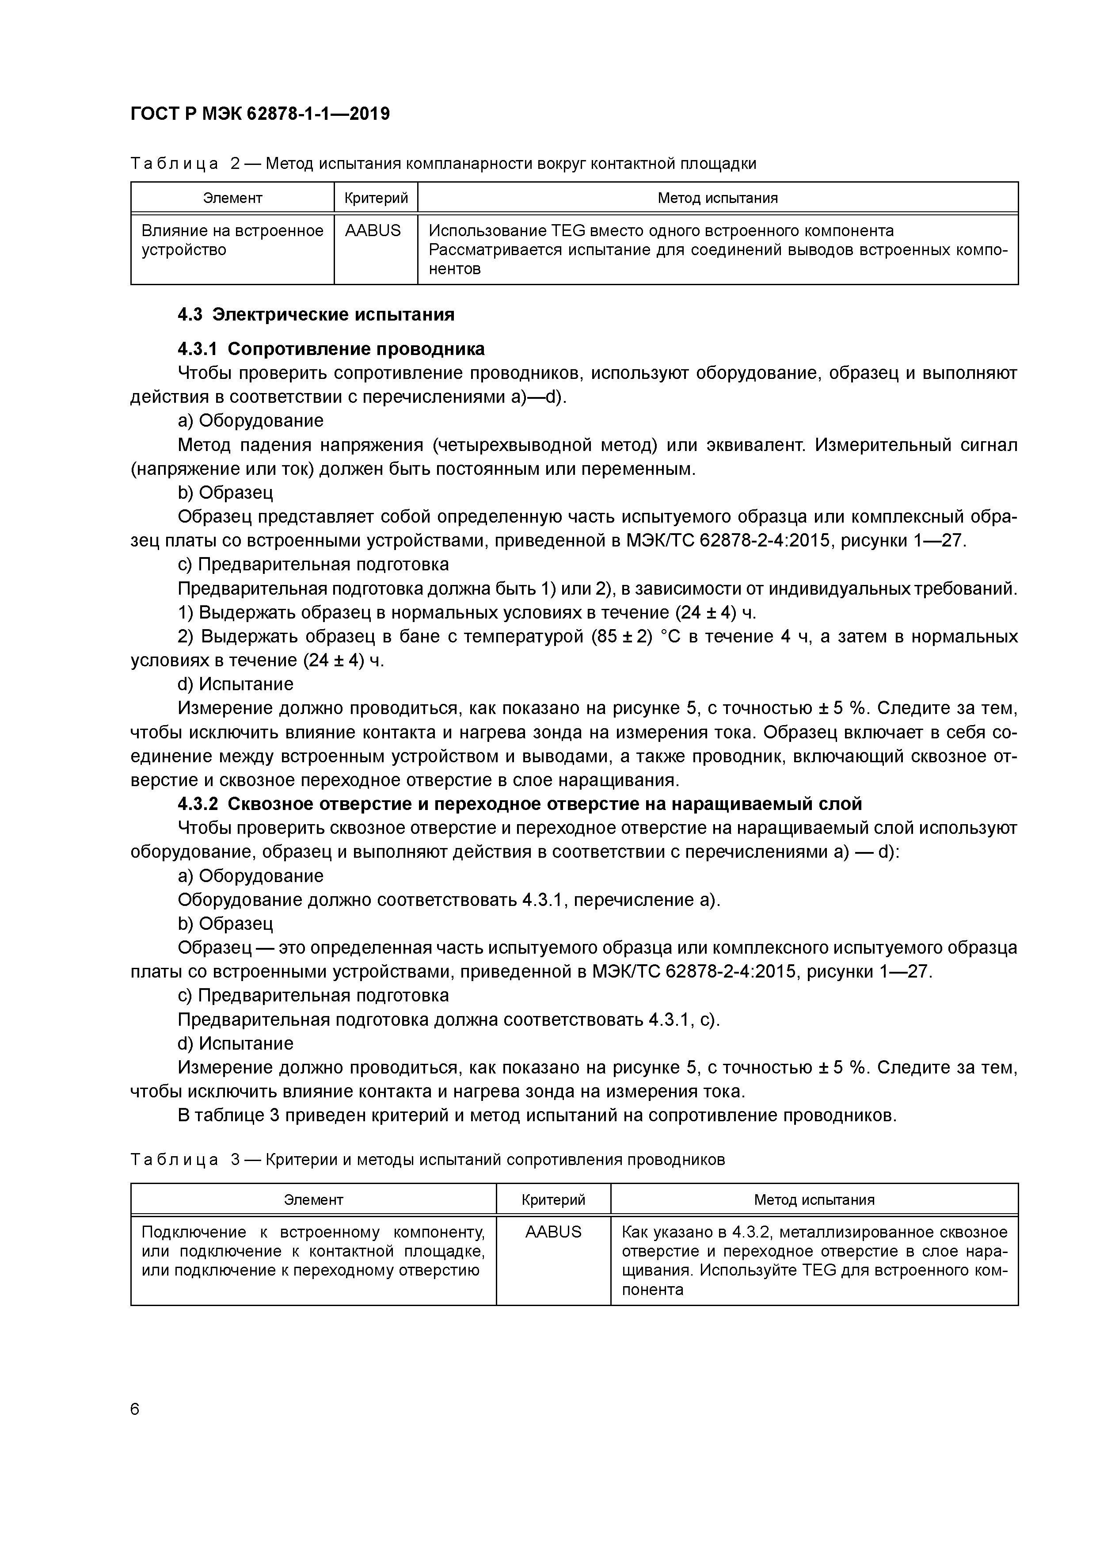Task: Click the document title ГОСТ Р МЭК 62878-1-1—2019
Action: [x=260, y=114]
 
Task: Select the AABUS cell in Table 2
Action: [x=373, y=231]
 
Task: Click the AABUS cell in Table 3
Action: [x=553, y=1231]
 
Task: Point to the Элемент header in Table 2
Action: [x=232, y=198]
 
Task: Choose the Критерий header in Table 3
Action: [x=553, y=1200]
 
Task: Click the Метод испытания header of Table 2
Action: [x=717, y=198]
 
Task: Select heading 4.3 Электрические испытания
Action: [x=316, y=315]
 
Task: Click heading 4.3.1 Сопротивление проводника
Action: [x=331, y=349]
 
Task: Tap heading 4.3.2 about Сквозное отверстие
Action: [x=520, y=804]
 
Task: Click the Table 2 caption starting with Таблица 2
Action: [x=443, y=164]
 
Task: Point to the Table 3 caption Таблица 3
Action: [x=427, y=1160]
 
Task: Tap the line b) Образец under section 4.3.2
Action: [x=225, y=924]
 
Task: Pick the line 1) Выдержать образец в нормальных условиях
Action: [x=467, y=613]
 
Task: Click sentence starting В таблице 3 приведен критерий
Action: [x=537, y=1115]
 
